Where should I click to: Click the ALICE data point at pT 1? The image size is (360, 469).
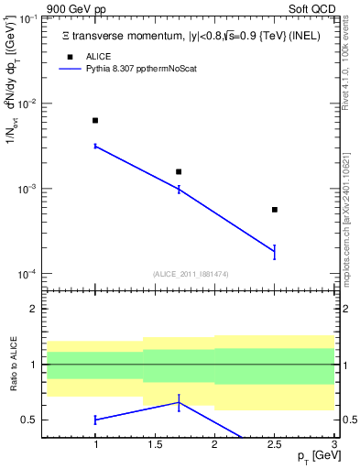95,120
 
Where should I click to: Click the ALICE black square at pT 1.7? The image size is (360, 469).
179,171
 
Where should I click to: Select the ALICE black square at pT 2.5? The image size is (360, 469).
274,210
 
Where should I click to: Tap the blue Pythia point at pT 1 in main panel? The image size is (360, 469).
95,146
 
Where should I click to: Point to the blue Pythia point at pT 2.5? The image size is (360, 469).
274,251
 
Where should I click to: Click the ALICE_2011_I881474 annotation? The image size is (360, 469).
191,274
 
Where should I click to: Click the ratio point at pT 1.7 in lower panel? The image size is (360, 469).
179,402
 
